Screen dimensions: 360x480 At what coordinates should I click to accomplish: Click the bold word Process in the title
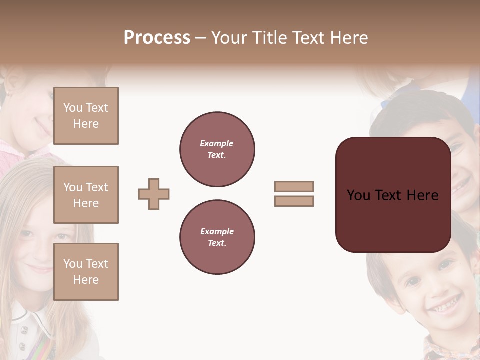point(157,38)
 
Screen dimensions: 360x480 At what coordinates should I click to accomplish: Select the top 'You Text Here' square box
point(86,116)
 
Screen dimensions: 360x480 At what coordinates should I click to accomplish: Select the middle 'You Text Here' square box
point(86,195)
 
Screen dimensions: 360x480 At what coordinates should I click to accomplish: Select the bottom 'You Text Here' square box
point(86,272)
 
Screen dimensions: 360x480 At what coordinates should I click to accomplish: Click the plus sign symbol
point(154,194)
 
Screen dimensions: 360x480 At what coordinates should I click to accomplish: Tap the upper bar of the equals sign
point(294,186)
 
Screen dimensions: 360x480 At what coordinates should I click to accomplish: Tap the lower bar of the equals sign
point(294,201)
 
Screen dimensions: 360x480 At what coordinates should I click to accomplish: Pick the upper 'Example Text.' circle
point(217,149)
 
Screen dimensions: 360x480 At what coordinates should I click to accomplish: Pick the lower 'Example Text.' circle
point(217,237)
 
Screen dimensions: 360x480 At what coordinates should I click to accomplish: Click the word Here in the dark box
point(422,195)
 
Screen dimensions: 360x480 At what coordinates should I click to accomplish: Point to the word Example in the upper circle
point(217,143)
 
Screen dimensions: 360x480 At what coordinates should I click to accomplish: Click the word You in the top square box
point(73,108)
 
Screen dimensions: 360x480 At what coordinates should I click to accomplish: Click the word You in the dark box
point(358,195)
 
